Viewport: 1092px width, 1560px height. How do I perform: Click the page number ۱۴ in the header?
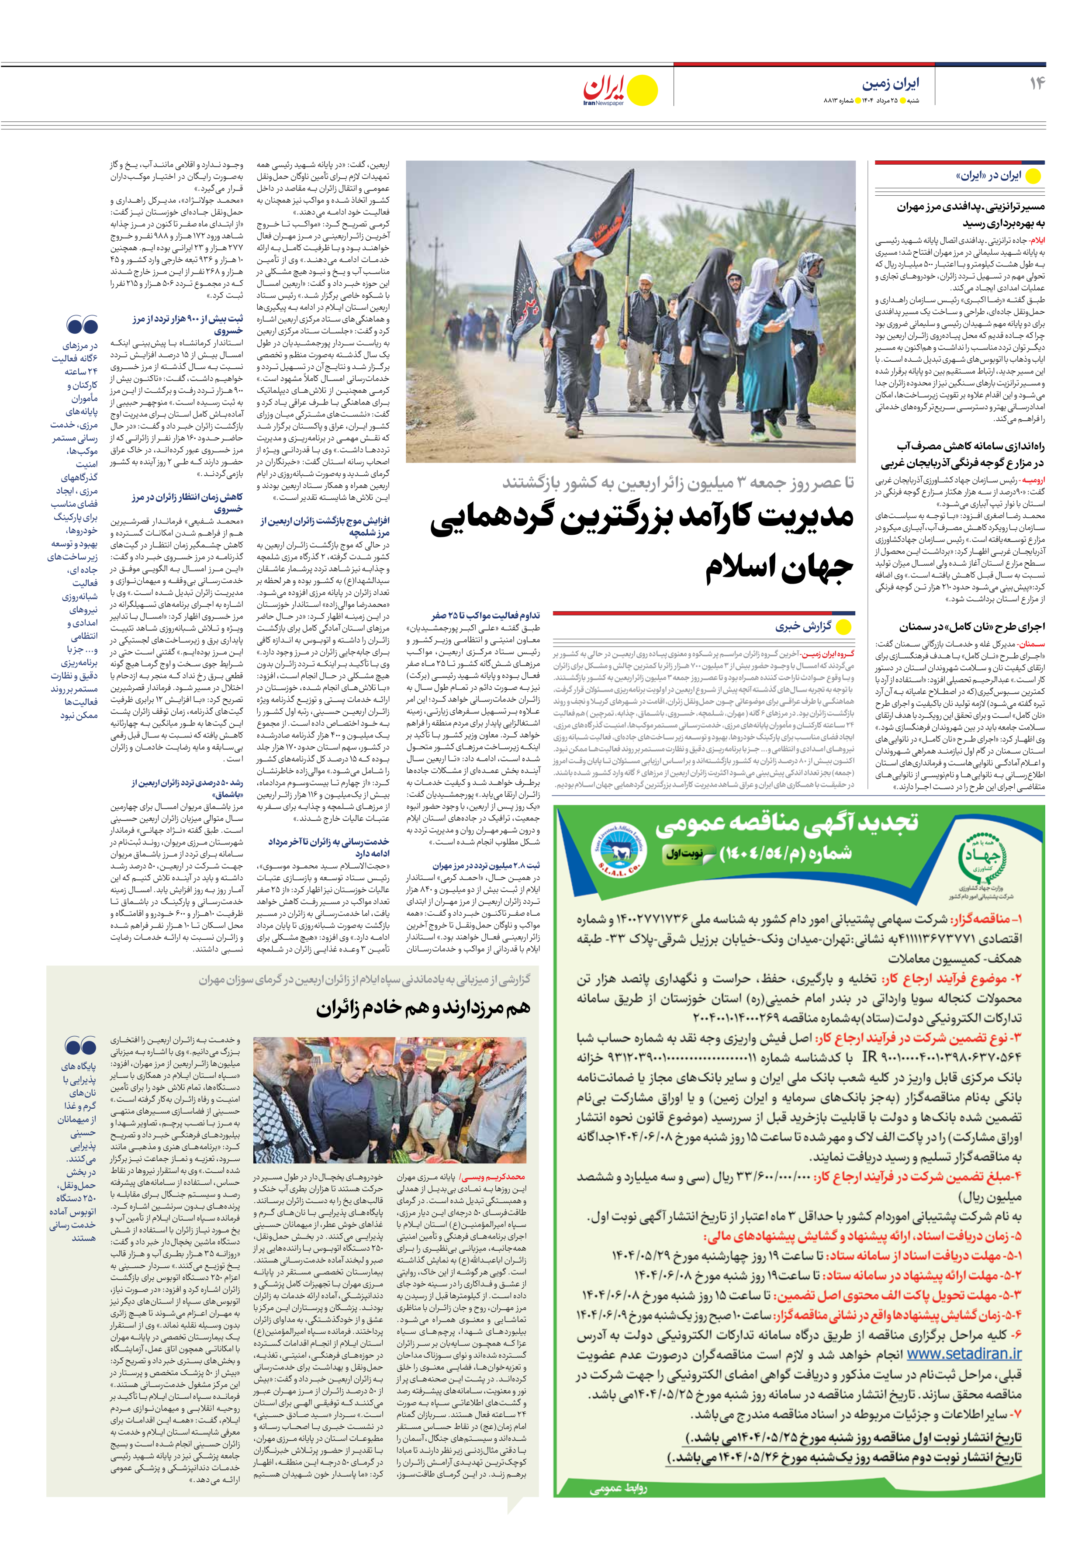click(x=1036, y=83)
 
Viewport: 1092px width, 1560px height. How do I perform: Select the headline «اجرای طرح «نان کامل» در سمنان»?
click(x=972, y=626)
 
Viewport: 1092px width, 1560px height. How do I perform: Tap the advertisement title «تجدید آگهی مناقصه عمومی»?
click(x=786, y=824)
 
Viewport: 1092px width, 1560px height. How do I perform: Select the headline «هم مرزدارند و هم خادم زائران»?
click(x=423, y=1008)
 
